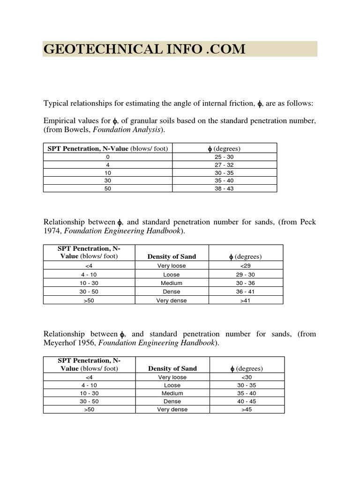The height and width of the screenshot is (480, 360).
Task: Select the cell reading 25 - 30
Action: tap(224, 157)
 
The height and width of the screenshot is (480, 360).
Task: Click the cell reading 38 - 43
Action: tap(224, 188)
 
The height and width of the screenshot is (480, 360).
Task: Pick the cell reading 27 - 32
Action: tap(224, 165)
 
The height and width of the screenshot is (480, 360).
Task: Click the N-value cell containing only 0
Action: tap(108, 157)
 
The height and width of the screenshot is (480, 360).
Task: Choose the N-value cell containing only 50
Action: tap(108, 188)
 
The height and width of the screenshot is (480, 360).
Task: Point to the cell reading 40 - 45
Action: tap(247, 401)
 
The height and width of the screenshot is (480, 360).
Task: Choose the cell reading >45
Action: tap(247, 409)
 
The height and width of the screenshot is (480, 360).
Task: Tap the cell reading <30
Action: tap(247, 377)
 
